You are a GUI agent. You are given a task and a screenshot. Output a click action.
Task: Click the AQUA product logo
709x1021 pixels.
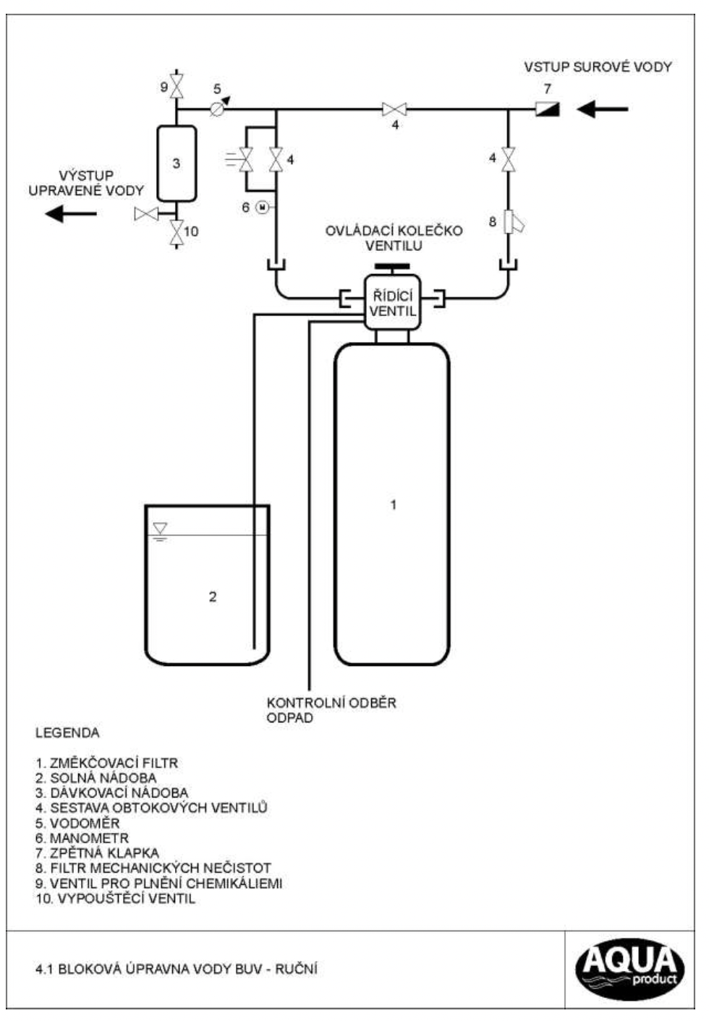tap(629, 969)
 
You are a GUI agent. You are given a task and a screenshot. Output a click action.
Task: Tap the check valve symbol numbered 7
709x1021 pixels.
tap(547, 109)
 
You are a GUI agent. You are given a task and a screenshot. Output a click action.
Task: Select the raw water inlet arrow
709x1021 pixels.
tap(602, 110)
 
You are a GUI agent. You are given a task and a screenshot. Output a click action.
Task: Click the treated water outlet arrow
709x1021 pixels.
tap(70, 213)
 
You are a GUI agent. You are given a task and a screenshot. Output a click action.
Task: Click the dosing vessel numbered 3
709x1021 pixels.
tap(177, 163)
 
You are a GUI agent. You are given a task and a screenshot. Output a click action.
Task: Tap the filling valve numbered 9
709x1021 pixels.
tap(177, 85)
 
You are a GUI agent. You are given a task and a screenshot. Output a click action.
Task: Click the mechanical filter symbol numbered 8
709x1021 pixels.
tap(511, 223)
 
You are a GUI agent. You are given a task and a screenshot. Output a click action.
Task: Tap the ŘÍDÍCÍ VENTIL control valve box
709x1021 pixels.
tap(392, 304)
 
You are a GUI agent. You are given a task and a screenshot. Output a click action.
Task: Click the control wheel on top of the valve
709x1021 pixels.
tap(392, 268)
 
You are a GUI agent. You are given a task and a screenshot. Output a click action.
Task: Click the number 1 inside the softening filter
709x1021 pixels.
tap(393, 505)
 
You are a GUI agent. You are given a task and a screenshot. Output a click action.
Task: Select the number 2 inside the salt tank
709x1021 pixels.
tap(212, 597)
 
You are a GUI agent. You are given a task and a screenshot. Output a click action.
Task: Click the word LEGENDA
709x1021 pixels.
tap(67, 733)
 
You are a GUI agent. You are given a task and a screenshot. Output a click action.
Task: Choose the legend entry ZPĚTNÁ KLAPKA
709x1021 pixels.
tap(97, 853)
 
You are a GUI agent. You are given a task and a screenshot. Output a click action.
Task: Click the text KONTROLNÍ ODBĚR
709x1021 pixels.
tap(331, 703)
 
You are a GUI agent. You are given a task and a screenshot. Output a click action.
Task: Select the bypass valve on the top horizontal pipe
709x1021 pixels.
tap(394, 110)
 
